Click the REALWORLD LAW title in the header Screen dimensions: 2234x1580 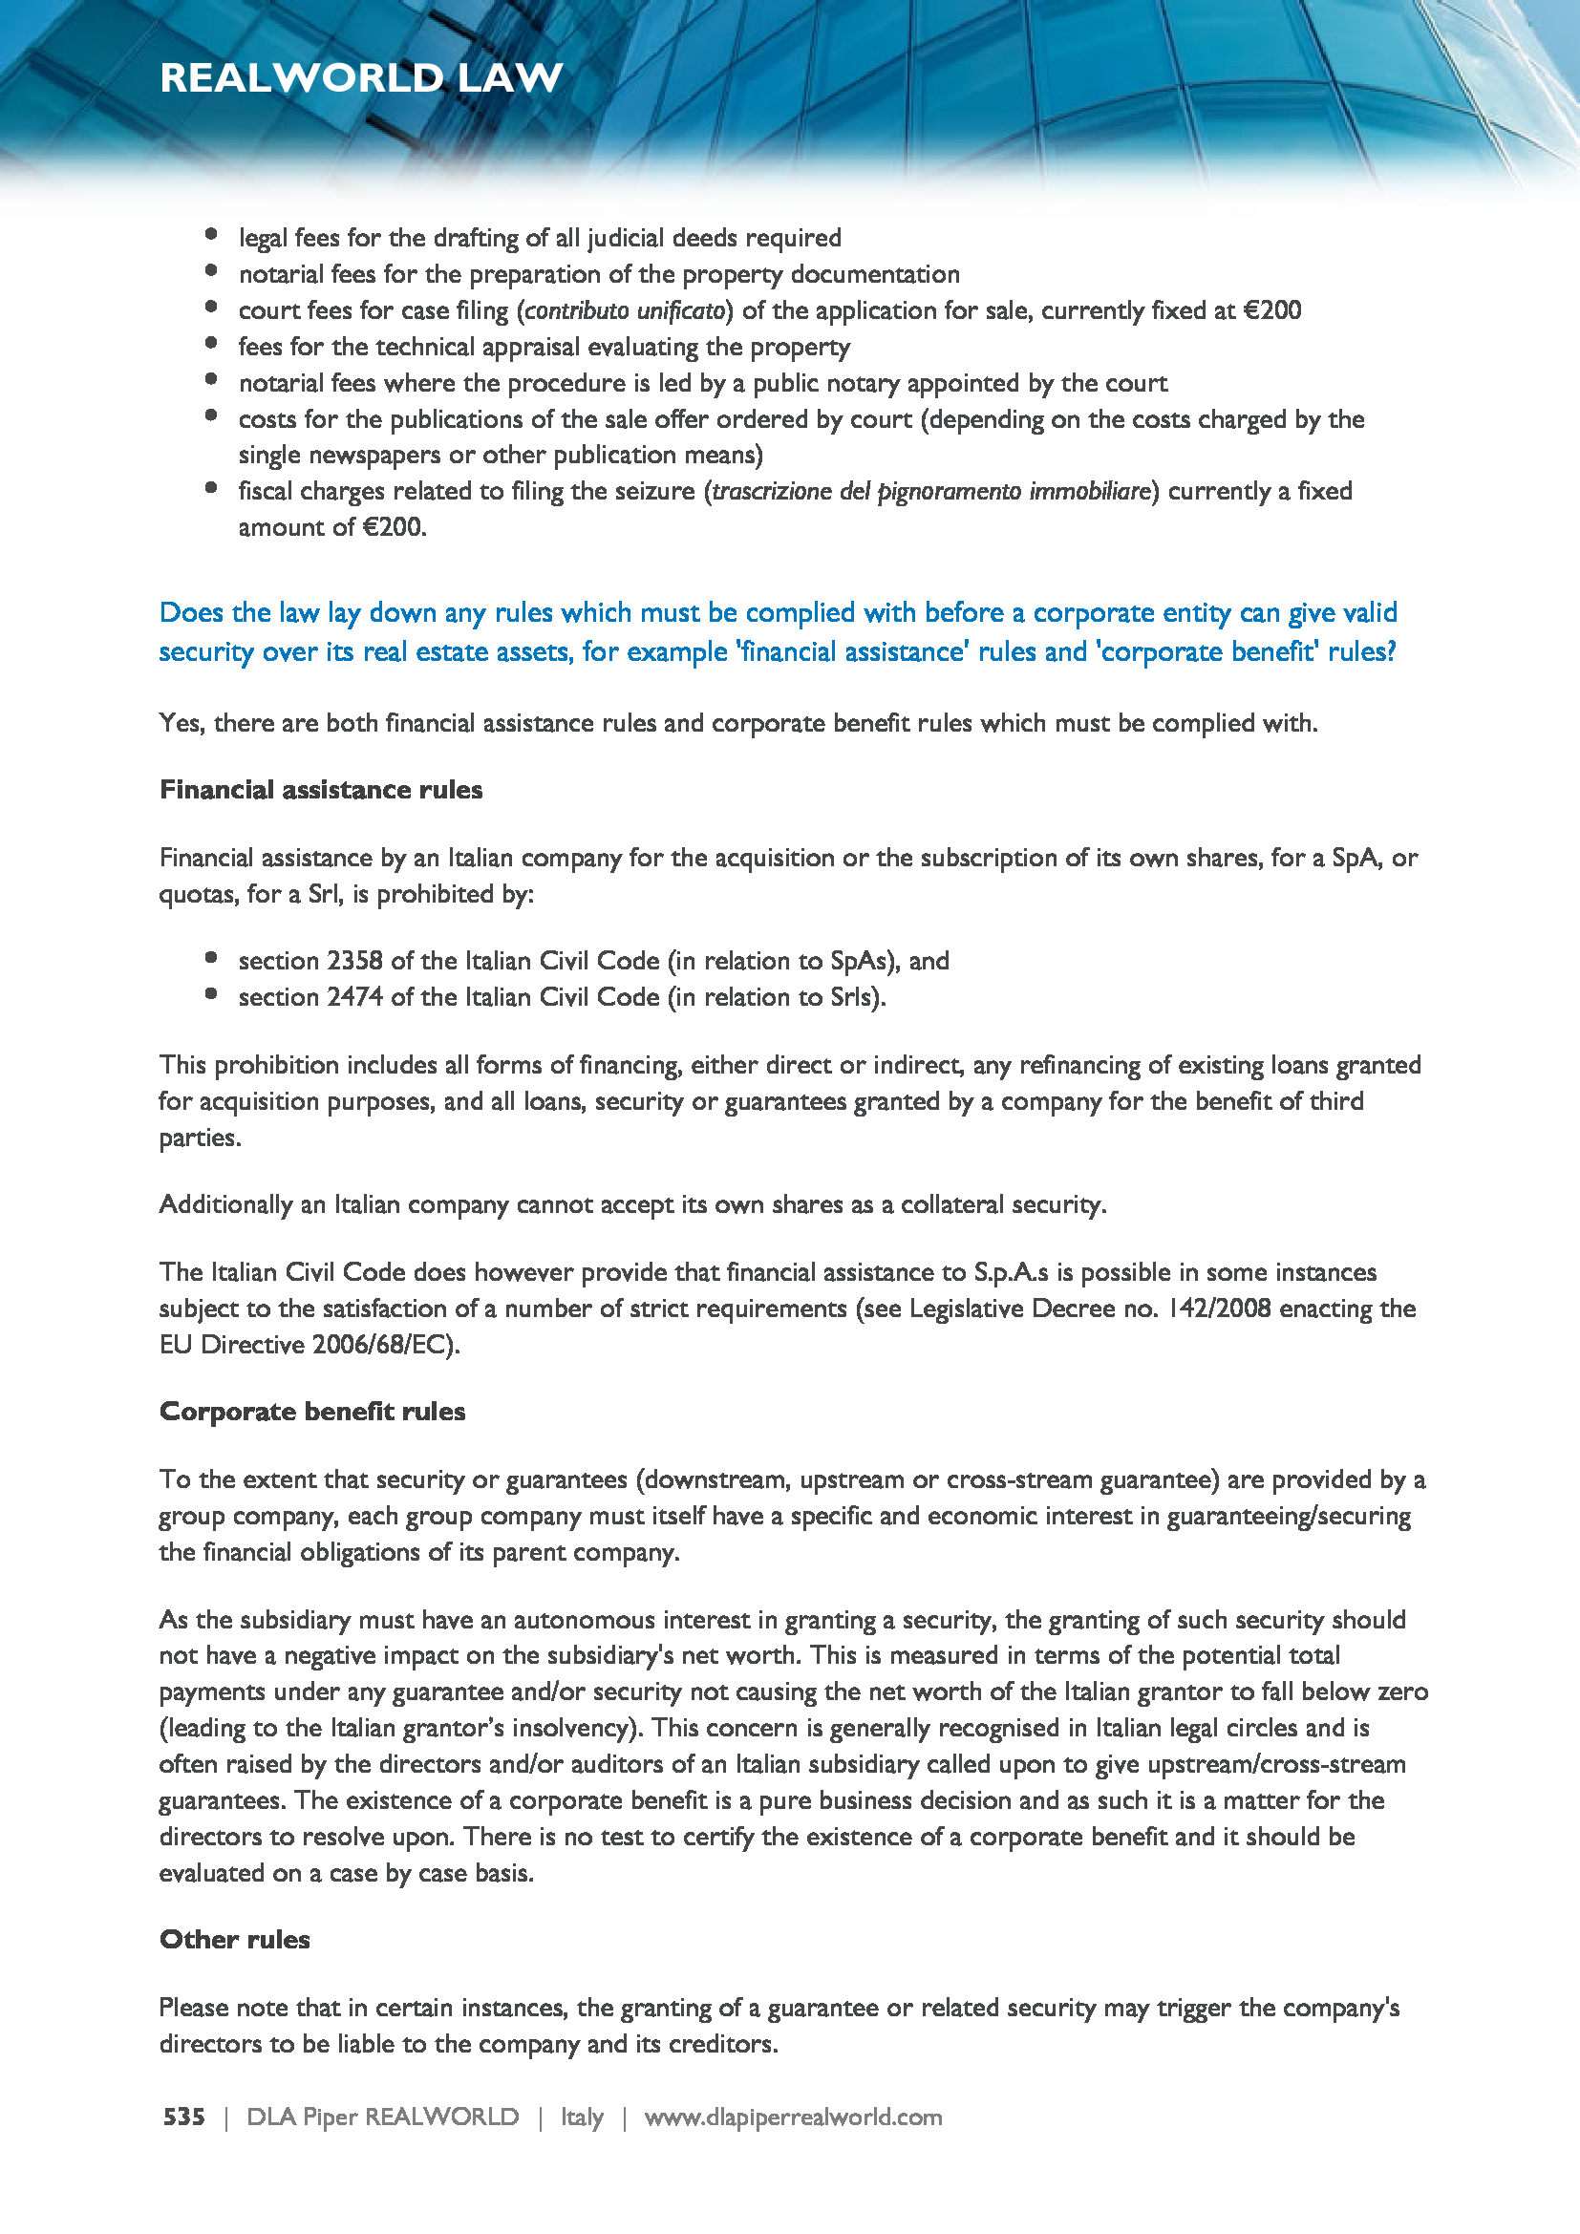[361, 77]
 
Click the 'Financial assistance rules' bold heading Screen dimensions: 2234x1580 [321, 789]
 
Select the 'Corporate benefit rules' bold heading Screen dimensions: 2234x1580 [312, 1411]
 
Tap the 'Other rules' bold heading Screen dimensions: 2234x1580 [234, 1939]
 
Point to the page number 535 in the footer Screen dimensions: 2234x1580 [183, 2117]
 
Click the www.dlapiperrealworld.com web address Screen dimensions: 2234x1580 [793, 2117]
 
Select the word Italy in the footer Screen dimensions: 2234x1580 [582, 2117]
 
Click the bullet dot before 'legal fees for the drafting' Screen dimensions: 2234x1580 [211, 233]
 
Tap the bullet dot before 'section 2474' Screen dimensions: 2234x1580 [211, 993]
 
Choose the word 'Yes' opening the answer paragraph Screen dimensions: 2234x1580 [180, 723]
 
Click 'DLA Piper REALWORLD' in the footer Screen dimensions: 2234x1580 [382, 2117]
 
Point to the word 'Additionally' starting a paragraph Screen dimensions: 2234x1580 [225, 1204]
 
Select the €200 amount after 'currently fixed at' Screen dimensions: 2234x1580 [1271, 310]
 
